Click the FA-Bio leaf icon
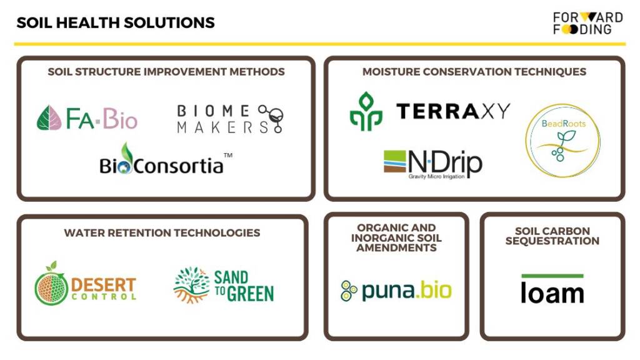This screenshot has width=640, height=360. click(x=49, y=118)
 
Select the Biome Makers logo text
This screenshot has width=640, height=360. click(x=214, y=119)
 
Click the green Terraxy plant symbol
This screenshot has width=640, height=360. click(x=366, y=111)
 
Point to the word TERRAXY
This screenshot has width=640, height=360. click(x=454, y=111)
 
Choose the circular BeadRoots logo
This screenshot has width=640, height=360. click(x=563, y=141)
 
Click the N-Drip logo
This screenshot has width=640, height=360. click(x=433, y=164)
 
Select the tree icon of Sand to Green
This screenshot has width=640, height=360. click(x=191, y=285)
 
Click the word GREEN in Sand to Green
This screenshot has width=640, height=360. click(x=250, y=294)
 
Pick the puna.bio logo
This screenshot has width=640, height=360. click(x=396, y=290)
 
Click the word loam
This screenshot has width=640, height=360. click(x=552, y=292)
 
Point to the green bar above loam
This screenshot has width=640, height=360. click(x=552, y=276)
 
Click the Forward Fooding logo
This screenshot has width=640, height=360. click(x=587, y=23)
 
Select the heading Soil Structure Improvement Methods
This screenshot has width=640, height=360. click(x=166, y=72)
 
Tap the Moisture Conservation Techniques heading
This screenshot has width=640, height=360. click(x=474, y=72)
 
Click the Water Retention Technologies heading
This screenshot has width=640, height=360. click(x=162, y=232)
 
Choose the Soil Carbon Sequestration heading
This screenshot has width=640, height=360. click(x=552, y=236)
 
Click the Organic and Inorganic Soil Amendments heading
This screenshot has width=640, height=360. click(x=396, y=237)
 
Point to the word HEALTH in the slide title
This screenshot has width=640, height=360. click(x=87, y=22)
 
